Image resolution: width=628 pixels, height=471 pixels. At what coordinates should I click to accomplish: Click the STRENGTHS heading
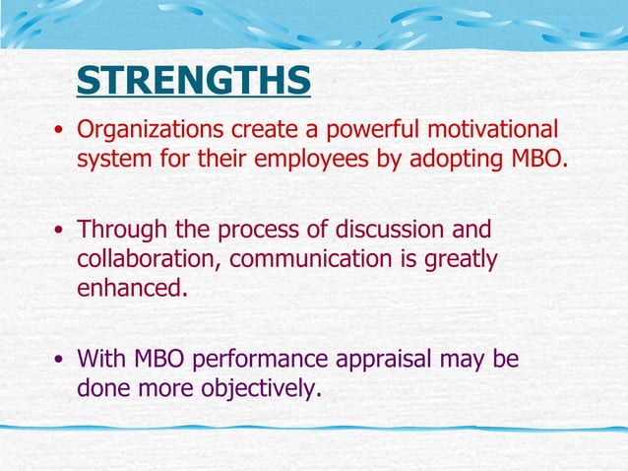(x=193, y=81)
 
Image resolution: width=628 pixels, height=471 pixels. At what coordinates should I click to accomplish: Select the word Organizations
(x=151, y=129)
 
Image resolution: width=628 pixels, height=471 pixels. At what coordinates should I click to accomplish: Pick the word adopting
(x=461, y=160)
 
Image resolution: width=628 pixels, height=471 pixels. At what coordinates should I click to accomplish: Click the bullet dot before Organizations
(x=60, y=131)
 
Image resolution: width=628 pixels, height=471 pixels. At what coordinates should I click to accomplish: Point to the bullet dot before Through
(x=60, y=232)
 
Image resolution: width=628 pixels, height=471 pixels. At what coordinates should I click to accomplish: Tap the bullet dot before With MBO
(x=60, y=361)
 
